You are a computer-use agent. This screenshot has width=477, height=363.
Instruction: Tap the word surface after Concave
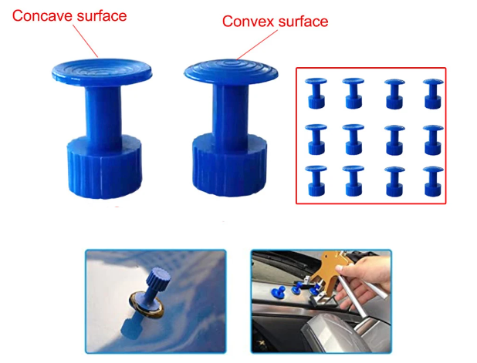point(101,15)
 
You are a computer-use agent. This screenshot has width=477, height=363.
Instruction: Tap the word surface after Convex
point(303,22)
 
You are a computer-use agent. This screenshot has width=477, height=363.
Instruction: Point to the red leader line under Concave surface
point(85,41)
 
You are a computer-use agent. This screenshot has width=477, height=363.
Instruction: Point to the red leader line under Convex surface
point(257,45)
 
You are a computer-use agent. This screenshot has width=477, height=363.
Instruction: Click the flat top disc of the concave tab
point(102,72)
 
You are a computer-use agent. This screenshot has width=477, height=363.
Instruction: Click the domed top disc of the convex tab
point(232,72)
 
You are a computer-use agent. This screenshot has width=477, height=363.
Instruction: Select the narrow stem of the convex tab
point(230,113)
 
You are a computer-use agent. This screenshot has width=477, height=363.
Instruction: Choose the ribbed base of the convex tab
point(230,165)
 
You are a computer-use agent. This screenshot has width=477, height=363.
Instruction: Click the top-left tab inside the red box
point(316,93)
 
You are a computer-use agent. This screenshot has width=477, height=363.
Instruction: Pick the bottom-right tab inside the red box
point(433,181)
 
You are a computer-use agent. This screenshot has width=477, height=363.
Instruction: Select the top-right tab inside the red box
point(433,93)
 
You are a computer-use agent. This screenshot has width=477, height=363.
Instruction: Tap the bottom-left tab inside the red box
point(316,181)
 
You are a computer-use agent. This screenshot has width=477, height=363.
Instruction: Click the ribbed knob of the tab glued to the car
point(158,277)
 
